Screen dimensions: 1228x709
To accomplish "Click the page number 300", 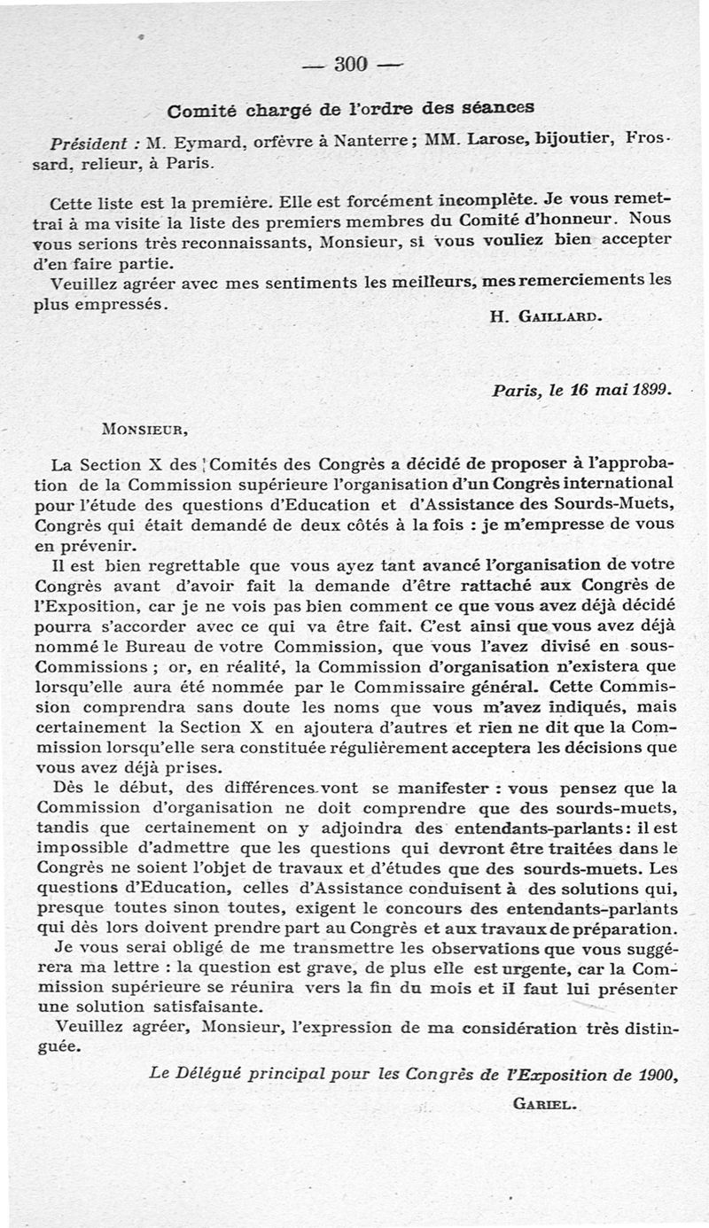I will [x=352, y=64].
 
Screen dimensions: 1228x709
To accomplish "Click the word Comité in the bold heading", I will [x=200, y=112].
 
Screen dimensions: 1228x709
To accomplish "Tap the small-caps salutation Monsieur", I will [x=145, y=430].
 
